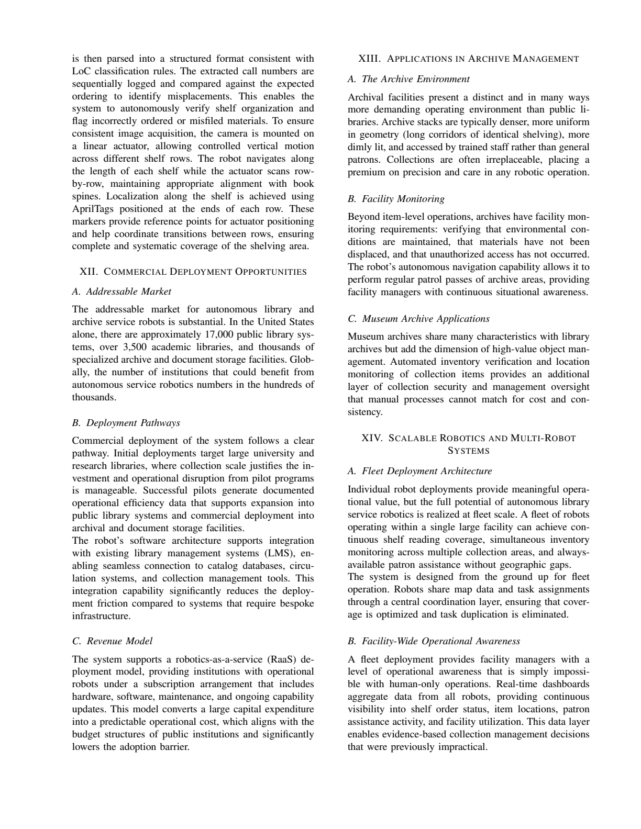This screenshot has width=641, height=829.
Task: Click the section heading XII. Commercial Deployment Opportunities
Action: click(193, 272)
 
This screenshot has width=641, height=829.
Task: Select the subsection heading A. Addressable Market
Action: click(121, 291)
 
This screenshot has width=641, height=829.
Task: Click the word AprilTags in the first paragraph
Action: click(92, 209)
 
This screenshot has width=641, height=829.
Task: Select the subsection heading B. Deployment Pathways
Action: click(126, 422)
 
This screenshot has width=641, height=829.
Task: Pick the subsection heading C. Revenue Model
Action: click(112, 641)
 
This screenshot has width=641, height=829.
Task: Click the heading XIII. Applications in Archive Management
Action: click(468, 59)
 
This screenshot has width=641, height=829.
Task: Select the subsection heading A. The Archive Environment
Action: click(408, 79)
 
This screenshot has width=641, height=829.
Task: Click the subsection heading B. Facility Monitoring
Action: click(396, 199)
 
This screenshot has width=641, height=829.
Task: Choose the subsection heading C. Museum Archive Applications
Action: click(418, 319)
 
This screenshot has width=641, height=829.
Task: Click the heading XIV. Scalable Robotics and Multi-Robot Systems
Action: click(468, 444)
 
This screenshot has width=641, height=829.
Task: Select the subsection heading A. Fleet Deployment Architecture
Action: click(419, 471)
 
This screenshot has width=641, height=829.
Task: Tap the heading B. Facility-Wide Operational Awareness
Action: click(434, 641)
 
